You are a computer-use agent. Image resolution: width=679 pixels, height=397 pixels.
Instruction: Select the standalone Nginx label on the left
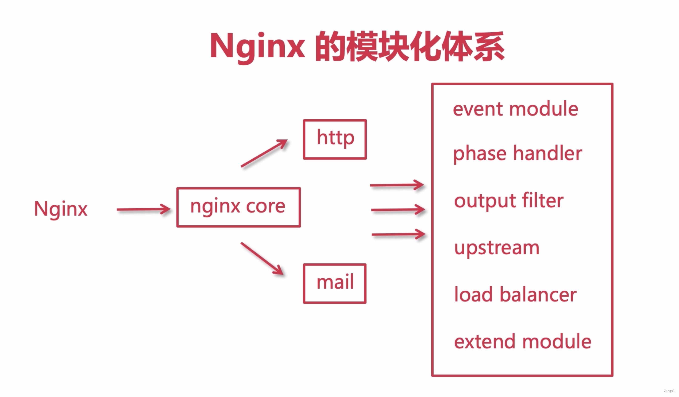pyautogui.click(x=61, y=209)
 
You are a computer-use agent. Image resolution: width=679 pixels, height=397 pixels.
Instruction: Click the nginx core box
pyautogui.click(x=238, y=207)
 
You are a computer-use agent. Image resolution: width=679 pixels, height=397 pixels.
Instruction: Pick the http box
pyautogui.click(x=335, y=139)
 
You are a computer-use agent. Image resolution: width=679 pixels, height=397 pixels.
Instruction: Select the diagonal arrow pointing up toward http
pyautogui.click(x=264, y=153)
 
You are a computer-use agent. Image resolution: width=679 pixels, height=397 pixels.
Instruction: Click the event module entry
pyautogui.click(x=515, y=109)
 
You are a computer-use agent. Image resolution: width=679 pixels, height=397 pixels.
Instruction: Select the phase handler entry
pyautogui.click(x=518, y=153)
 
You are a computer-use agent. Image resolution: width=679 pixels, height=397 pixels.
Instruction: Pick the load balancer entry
pyautogui.click(x=515, y=295)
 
